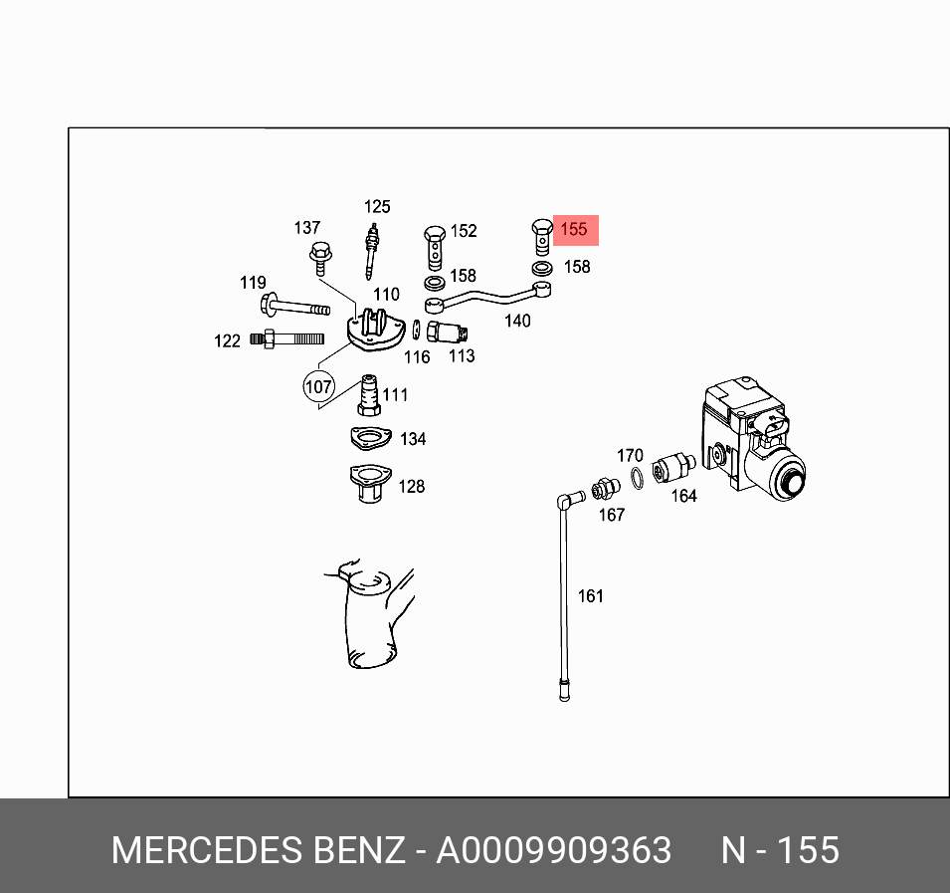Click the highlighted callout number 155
(574, 230)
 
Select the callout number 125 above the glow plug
(377, 207)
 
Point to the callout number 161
(591, 596)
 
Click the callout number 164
(683, 496)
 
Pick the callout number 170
(630, 456)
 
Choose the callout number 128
(412, 487)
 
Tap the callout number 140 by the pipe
(517, 321)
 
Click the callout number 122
(228, 341)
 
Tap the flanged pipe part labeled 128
(366, 483)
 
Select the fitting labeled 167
(601, 490)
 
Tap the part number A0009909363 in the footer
(554, 851)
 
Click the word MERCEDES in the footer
(208, 851)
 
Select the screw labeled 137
(320, 257)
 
